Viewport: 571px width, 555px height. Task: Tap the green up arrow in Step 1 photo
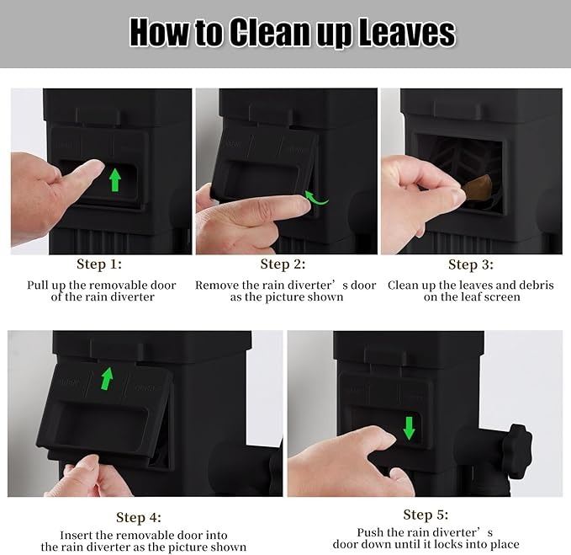(x=115, y=179)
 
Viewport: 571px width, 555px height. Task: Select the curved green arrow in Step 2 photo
(x=316, y=198)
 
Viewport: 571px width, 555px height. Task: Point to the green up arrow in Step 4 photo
(x=107, y=378)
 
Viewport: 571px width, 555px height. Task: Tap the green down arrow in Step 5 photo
(x=409, y=428)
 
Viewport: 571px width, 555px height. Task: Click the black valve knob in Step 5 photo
(x=520, y=451)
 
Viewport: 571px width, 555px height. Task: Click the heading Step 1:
(x=99, y=264)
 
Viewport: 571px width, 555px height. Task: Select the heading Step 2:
(x=283, y=264)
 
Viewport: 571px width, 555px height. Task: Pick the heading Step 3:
(x=471, y=264)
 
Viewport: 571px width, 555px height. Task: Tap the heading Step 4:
(x=139, y=517)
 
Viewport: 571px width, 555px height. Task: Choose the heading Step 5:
(x=426, y=515)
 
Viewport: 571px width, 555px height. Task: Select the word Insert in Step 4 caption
(x=74, y=536)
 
